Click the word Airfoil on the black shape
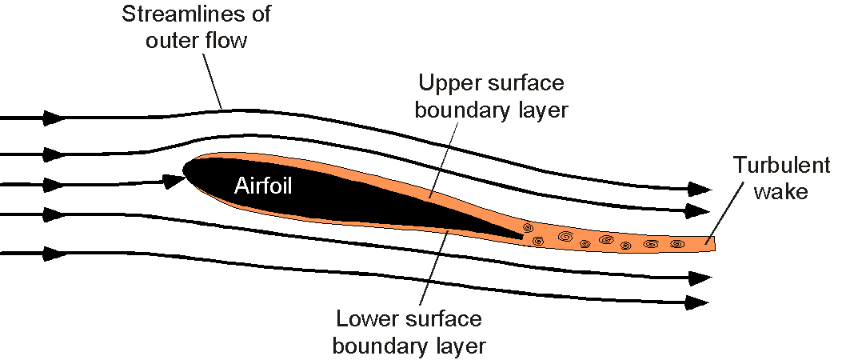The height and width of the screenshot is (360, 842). tap(263, 186)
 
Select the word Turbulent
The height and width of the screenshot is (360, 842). tap(782, 166)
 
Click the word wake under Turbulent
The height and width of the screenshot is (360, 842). tap(781, 192)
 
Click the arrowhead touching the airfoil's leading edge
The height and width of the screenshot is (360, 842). tap(174, 182)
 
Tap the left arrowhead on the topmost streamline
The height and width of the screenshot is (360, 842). tap(54, 118)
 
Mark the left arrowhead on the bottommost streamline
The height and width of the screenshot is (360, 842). tap(54, 254)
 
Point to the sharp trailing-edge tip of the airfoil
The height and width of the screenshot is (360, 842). tap(522, 237)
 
